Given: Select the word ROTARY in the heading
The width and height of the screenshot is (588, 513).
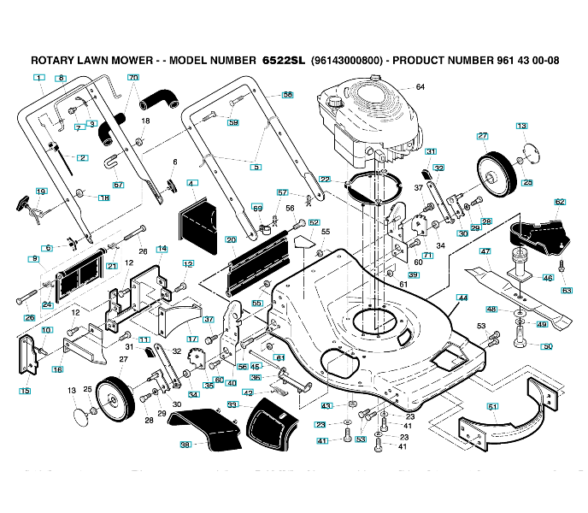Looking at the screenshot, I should tap(52, 62).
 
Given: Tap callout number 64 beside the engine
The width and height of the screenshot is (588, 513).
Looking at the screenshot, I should tap(420, 87).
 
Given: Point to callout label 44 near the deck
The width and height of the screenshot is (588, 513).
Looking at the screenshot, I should tap(462, 298).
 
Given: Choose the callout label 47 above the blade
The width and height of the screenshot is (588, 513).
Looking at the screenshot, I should tap(485, 252).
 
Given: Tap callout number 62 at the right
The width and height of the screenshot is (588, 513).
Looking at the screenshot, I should tap(560, 203).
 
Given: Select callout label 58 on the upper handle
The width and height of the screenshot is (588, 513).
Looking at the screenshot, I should tap(287, 94).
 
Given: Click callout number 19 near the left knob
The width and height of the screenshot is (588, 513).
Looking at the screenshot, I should tap(41, 192).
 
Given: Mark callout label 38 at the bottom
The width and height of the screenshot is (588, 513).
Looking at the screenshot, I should tap(185, 444).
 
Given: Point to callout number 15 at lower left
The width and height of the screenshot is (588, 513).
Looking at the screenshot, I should tap(25, 392).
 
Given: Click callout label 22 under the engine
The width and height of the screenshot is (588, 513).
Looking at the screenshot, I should tap(325, 179).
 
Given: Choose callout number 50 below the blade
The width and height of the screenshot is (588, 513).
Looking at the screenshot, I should tap(548, 346).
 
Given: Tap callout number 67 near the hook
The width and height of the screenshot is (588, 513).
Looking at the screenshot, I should tap(118, 185).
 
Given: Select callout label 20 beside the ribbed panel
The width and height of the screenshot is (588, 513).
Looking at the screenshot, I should tap(231, 240).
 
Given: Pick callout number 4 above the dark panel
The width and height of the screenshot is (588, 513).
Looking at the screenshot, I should tap(191, 183).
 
